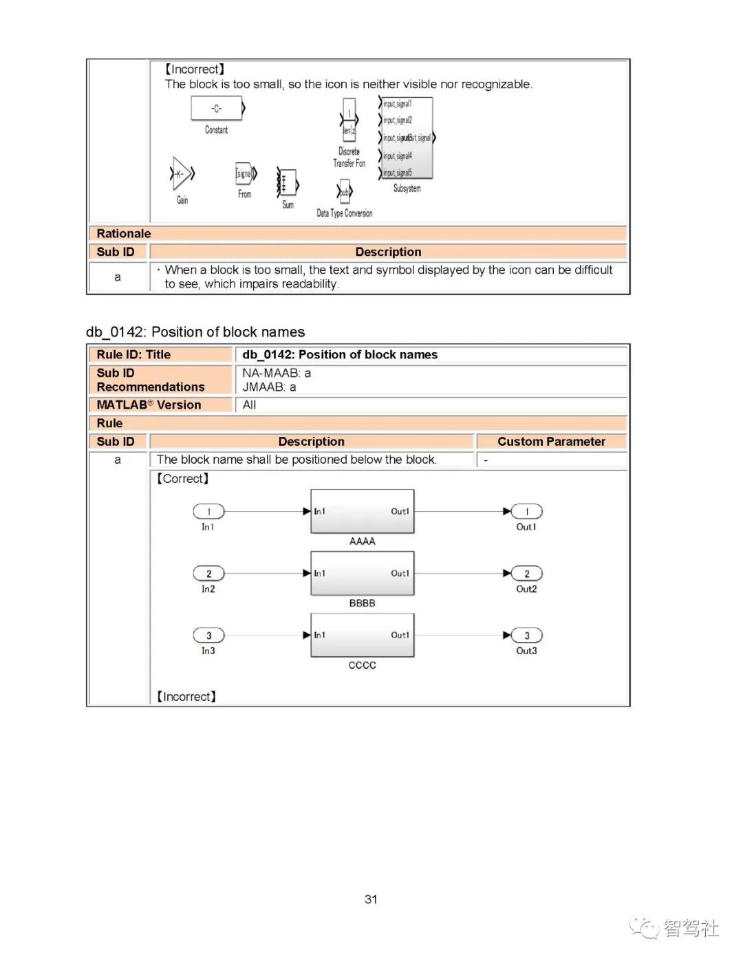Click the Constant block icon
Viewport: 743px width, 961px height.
217,109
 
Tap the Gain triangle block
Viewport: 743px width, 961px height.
181,174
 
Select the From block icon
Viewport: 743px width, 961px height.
245,174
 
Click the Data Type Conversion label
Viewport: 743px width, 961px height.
344,213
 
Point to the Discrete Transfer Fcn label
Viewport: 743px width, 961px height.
349,158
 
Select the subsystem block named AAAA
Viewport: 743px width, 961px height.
363,511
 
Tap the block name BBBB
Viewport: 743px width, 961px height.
362,603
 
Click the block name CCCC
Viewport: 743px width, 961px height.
362,665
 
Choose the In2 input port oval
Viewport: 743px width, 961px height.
208,574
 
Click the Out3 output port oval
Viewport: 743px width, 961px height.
527,636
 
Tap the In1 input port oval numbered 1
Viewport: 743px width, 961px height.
208,511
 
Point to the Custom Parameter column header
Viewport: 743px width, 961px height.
551,442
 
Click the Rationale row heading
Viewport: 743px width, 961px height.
124,234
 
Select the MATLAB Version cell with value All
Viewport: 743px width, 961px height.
250,405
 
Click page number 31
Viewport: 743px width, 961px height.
371,899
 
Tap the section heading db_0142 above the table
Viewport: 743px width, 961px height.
195,332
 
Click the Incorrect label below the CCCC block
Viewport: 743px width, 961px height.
186,697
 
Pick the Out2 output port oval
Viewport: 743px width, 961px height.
527,574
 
